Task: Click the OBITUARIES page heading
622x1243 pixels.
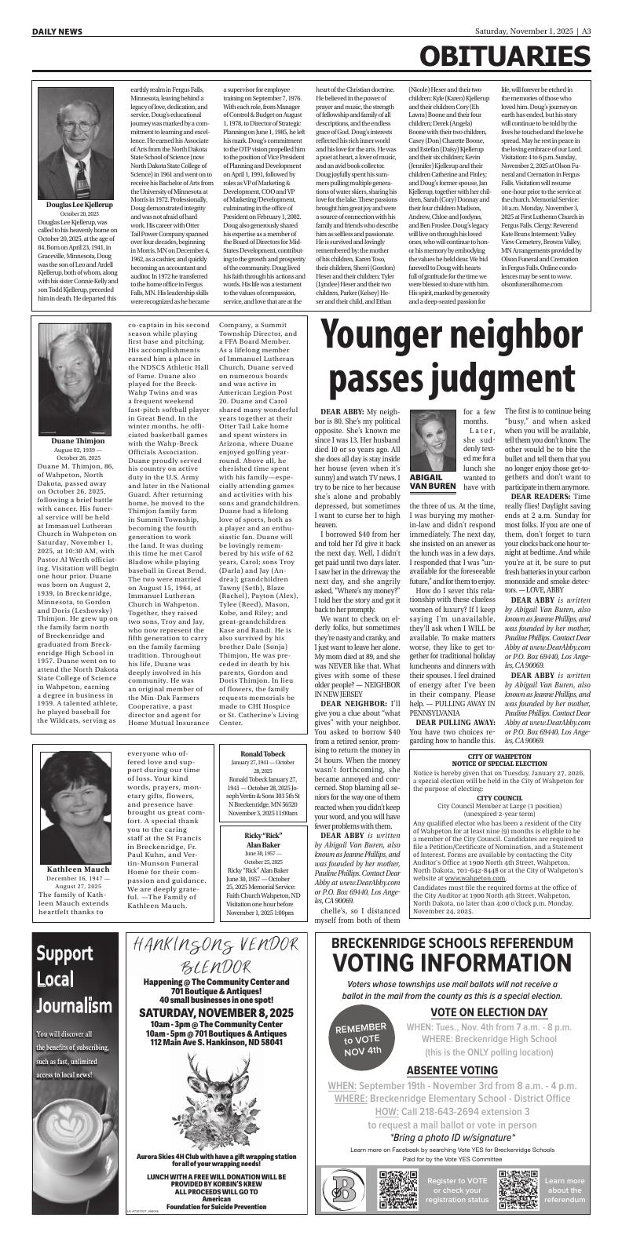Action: [504, 57]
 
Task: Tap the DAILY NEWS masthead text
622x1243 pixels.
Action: [57, 32]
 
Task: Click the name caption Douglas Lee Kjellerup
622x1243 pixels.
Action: [79, 205]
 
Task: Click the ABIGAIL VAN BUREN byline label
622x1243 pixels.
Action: [433, 481]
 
